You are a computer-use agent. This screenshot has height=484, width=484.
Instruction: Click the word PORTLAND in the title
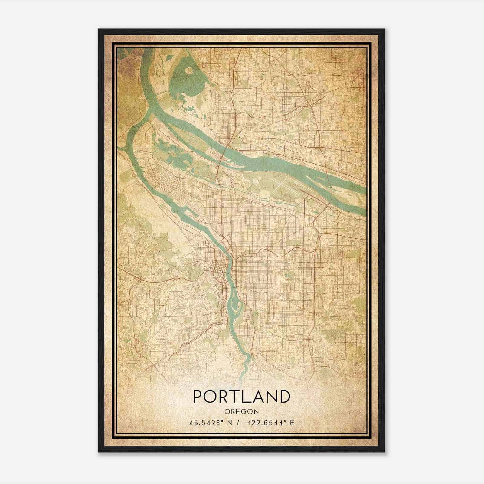[242, 397]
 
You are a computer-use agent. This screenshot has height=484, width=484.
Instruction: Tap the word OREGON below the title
[242, 411]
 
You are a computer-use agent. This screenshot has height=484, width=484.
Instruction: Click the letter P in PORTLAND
[198, 397]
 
